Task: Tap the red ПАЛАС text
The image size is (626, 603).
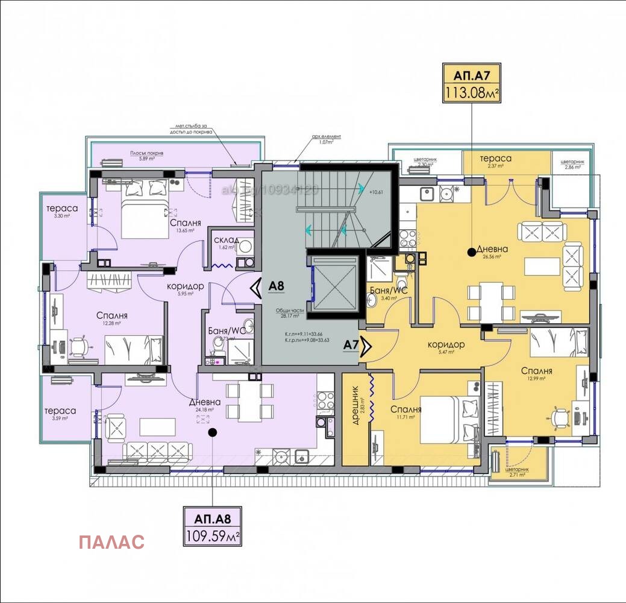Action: pos(111,541)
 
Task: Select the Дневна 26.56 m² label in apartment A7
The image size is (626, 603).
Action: pos(492,249)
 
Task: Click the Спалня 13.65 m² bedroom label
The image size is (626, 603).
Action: pos(186,223)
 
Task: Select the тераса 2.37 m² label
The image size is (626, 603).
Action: pos(495,159)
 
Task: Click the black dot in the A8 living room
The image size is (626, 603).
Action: pos(211,432)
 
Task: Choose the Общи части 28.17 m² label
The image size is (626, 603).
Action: pos(287,312)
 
